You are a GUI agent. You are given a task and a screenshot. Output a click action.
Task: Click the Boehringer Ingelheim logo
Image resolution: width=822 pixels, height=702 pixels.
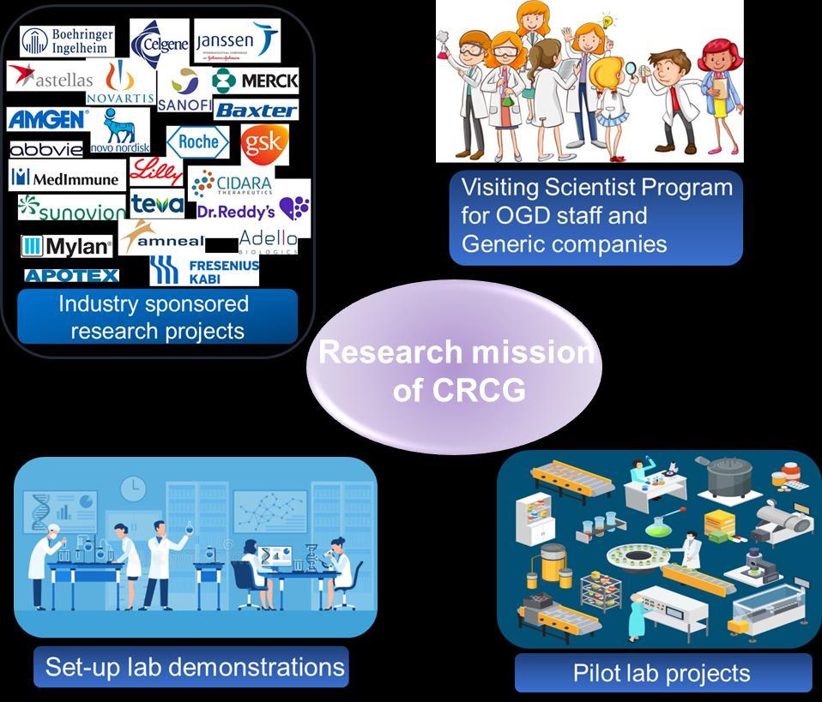[68, 40]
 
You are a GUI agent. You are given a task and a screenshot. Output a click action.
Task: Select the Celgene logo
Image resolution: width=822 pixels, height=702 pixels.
[160, 41]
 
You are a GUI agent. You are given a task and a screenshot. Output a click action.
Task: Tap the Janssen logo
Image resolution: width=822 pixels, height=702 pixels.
[236, 40]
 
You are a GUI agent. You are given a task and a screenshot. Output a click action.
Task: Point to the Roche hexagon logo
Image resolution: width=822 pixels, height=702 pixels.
[197, 142]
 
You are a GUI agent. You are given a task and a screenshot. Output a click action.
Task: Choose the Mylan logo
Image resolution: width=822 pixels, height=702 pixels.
[67, 247]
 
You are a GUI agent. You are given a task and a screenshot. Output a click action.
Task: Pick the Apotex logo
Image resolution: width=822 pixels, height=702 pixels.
[71, 275]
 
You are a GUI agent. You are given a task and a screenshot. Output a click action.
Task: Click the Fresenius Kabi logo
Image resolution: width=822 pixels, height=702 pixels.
[204, 270]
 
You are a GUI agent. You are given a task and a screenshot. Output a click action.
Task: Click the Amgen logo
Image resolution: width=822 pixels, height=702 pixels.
[47, 118]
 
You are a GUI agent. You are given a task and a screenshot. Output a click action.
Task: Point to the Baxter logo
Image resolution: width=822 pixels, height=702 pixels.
[255, 110]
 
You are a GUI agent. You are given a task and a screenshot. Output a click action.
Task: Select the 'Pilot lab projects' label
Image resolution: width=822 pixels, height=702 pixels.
[662, 673]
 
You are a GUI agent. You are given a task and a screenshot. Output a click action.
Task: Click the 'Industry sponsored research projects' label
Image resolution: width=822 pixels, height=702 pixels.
[157, 316]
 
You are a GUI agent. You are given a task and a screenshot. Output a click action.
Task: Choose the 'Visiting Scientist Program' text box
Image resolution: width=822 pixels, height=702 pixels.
[595, 216]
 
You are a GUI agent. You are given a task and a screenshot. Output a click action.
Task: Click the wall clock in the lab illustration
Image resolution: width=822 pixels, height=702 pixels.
[133, 489]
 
